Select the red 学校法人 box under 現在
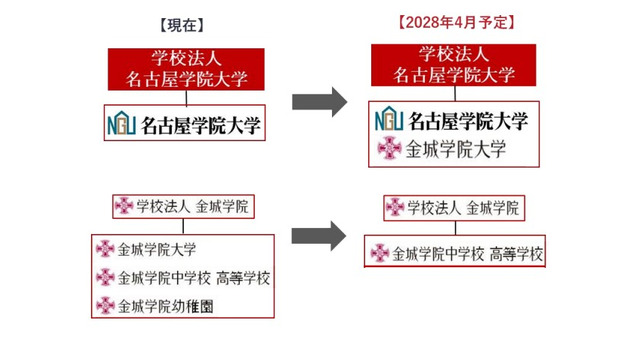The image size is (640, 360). pyautogui.click(x=186, y=69)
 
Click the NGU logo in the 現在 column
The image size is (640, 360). pyautogui.click(x=122, y=125)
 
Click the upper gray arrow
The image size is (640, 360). pyautogui.click(x=318, y=100)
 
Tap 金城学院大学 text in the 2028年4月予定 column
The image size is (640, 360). pyautogui.click(x=455, y=150)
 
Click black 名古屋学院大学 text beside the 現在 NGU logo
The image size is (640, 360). pyautogui.click(x=200, y=125)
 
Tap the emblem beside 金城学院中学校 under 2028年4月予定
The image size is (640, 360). pyautogui.click(x=379, y=254)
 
